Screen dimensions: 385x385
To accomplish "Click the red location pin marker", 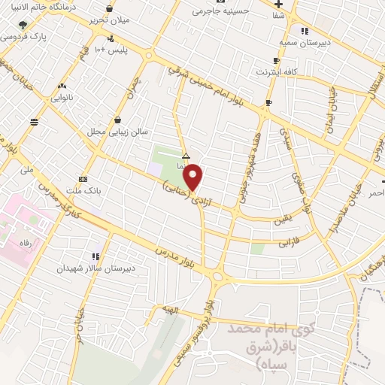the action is tap(194, 176).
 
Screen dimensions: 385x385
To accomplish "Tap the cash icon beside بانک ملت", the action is tap(82, 179).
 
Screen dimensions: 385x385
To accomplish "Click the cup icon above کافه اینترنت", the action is tap(277, 61).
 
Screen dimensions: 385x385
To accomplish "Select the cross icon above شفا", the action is tap(278, 2).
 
